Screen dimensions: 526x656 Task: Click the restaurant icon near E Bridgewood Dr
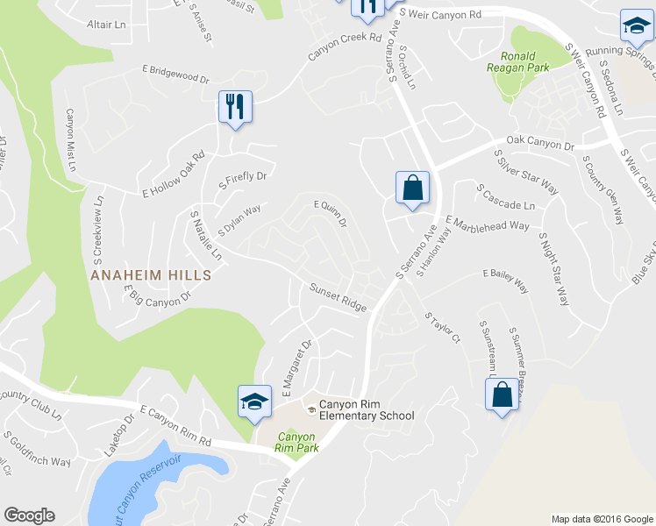coord(235,107)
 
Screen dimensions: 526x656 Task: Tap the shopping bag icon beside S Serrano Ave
coord(412,188)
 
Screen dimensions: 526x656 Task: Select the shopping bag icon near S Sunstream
coord(503,394)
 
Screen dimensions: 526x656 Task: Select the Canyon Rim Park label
coord(296,441)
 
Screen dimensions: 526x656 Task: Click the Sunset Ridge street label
coord(337,297)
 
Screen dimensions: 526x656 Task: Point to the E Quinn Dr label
coord(331,213)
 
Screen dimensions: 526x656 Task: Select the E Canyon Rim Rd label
coord(175,423)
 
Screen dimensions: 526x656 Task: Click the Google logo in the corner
coord(29,515)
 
